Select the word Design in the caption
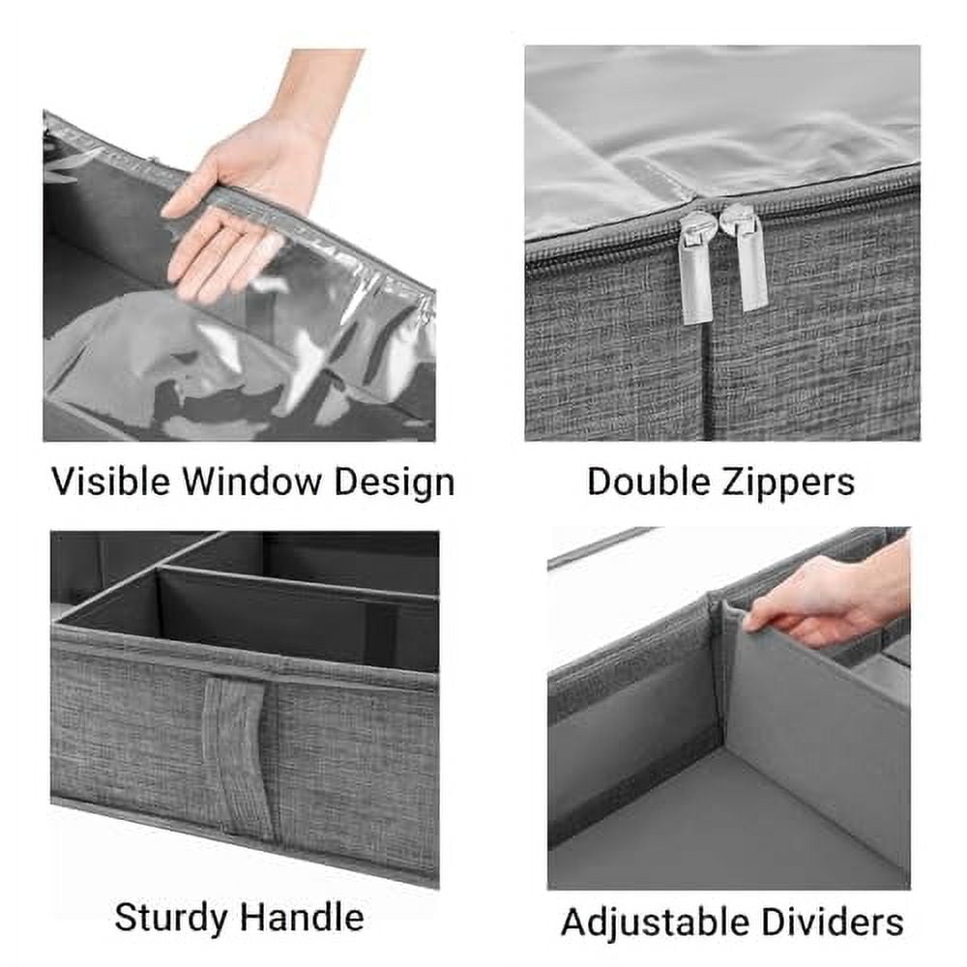395,481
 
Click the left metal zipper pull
696,271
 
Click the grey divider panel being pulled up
812,735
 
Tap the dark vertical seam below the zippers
711,387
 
